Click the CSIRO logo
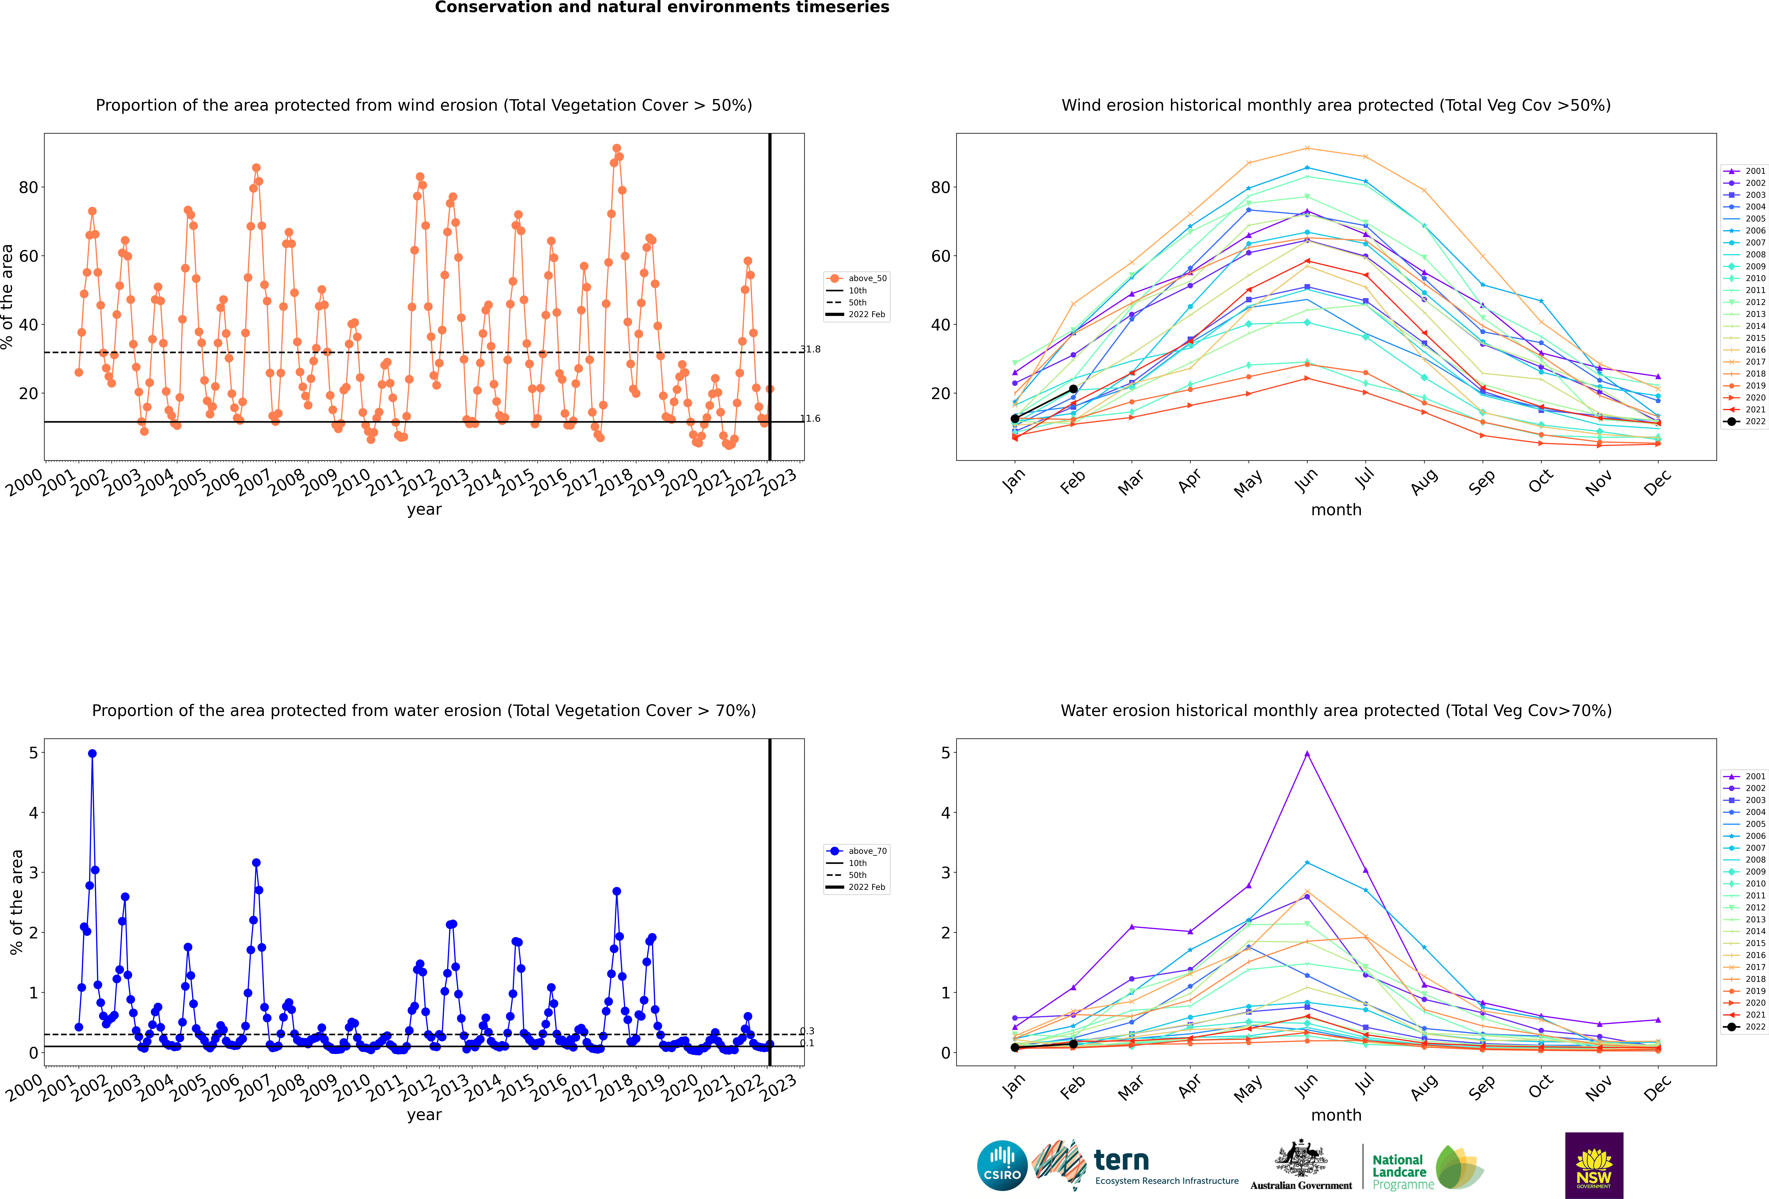click(x=1002, y=1165)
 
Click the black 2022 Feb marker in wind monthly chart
click(x=1073, y=389)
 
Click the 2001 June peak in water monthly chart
click(x=1307, y=754)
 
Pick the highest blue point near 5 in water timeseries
click(x=92, y=754)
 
